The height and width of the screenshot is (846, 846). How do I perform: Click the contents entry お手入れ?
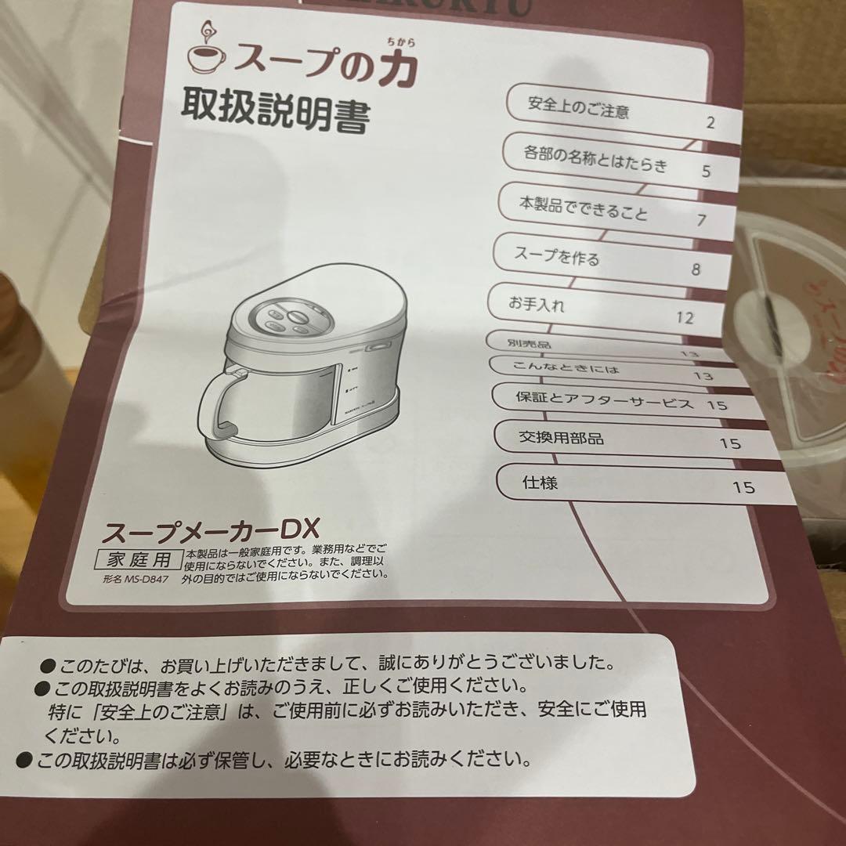point(536,304)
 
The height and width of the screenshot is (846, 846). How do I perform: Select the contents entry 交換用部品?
point(561,438)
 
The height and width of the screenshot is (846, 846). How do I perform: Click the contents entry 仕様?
point(540,483)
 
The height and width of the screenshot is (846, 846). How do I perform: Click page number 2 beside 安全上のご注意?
point(710,122)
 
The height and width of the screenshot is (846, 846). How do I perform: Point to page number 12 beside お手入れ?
point(684,317)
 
